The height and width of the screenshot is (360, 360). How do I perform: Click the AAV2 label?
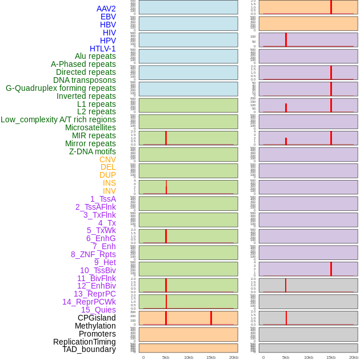(x=106, y=9)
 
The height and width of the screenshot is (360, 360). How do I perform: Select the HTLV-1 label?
(x=103, y=49)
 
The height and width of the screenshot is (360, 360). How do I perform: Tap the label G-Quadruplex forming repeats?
(x=61, y=88)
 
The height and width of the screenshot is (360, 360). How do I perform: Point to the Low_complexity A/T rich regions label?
(x=58, y=119)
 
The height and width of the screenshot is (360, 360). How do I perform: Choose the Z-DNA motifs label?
(x=93, y=151)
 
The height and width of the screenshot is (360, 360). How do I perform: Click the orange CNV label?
(x=107, y=159)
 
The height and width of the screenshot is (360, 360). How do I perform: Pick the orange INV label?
(x=109, y=191)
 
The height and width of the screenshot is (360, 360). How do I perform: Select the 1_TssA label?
(x=103, y=199)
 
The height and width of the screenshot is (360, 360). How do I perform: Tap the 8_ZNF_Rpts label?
(x=93, y=254)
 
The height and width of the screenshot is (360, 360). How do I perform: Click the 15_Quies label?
(x=98, y=310)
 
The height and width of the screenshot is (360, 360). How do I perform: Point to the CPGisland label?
(x=97, y=318)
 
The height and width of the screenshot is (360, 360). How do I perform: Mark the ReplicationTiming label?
(x=85, y=342)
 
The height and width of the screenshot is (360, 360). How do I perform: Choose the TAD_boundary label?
(x=89, y=349)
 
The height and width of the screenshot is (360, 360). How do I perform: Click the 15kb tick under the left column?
(x=211, y=357)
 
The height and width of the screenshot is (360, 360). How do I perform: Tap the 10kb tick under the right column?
(x=309, y=357)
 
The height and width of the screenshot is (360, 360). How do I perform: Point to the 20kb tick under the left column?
(x=234, y=357)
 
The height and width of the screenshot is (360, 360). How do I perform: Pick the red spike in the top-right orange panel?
(x=331, y=7)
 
